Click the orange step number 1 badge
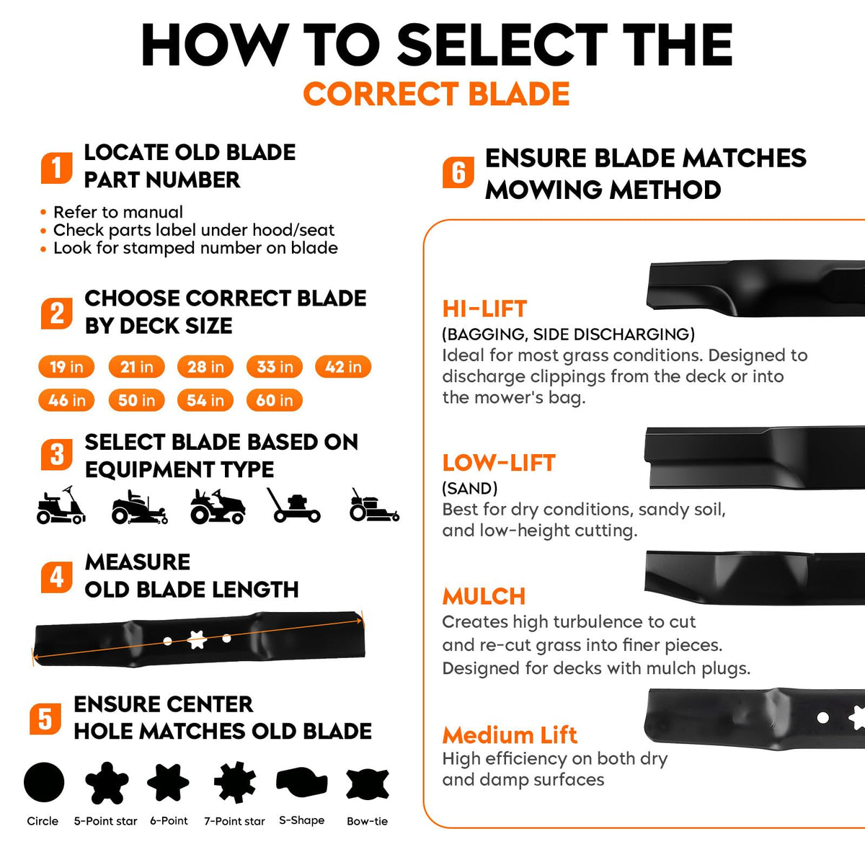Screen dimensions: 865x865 click(56, 168)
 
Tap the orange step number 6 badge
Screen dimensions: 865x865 click(458, 172)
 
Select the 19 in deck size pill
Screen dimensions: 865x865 click(66, 367)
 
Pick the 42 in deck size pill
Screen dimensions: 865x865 click(343, 367)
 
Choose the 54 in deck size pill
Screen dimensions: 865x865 click(205, 400)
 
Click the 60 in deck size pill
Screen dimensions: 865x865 click(274, 400)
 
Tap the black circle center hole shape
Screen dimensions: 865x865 click(44, 782)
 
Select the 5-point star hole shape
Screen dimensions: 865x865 click(107, 783)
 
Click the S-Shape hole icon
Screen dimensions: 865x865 click(301, 782)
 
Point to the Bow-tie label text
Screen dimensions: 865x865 click(367, 822)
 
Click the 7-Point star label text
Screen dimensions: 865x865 click(234, 822)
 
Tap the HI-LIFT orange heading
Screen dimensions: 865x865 click(485, 309)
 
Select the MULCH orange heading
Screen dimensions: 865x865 click(484, 597)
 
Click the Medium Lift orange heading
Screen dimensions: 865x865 click(510, 735)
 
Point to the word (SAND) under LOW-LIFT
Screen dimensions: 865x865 click(470, 489)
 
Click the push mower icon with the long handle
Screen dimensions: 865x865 click(293, 505)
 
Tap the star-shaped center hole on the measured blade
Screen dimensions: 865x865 click(197, 639)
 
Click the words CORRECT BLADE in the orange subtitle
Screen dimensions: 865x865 click(436, 94)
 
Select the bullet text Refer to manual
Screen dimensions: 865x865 click(118, 212)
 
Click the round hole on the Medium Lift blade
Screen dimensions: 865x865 click(822, 717)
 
